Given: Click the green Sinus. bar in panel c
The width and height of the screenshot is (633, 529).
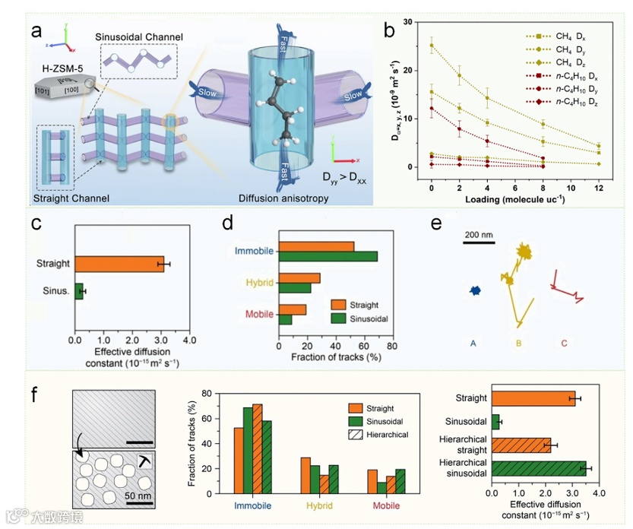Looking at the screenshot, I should [79, 290].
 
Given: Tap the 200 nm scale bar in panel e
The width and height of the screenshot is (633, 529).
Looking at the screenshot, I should [479, 242].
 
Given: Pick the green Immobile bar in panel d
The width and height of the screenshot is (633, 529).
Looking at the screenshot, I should [328, 256].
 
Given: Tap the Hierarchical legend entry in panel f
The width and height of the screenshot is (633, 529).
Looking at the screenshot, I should [381, 434].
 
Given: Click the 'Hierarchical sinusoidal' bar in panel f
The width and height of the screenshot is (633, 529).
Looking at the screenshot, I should [539, 468].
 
